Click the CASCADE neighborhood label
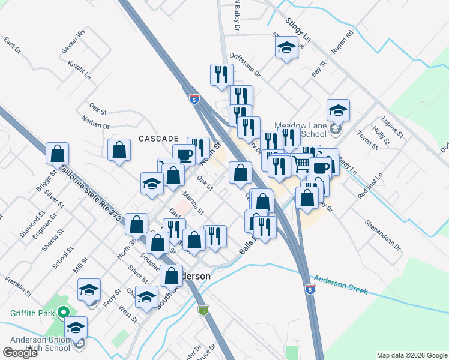click(x=159, y=138)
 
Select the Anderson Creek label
click(x=340, y=284)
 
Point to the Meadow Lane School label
click(x=300, y=130)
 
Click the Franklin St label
click(x=17, y=285)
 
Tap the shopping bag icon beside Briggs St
click(x=57, y=154)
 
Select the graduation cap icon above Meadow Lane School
click(x=338, y=111)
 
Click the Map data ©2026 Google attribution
click(x=411, y=355)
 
